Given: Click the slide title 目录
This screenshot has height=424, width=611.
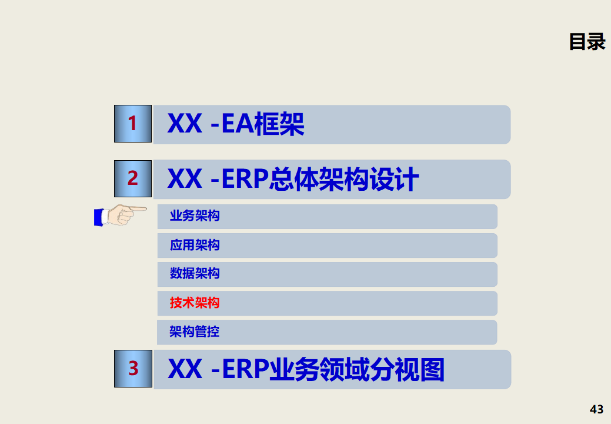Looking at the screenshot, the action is coord(587,42).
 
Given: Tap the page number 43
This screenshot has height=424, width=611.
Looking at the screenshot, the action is coord(596,409).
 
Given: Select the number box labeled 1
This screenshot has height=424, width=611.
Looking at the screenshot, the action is coord(133,124).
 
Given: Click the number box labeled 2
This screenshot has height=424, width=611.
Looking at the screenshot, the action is coord(133,178).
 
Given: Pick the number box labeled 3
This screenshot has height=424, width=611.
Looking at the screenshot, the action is coord(133,369).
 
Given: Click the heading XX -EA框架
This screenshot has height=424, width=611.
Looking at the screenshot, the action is coord(236,124).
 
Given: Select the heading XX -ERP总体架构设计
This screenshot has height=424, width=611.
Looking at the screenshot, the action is coord(293,179).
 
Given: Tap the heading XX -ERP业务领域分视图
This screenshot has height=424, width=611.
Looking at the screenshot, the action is coord(306,369).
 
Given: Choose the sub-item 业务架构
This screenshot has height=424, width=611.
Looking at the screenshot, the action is coord(195,216).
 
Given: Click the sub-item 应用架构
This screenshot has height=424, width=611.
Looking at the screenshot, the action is coord(195,245).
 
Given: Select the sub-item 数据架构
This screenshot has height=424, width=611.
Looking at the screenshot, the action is coord(195,274).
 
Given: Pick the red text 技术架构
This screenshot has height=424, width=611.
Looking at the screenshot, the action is coord(195,303).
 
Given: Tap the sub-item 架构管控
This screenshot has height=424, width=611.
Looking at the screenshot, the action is coord(195,332).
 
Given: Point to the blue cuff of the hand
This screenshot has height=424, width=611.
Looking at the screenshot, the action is coord(98,217).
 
